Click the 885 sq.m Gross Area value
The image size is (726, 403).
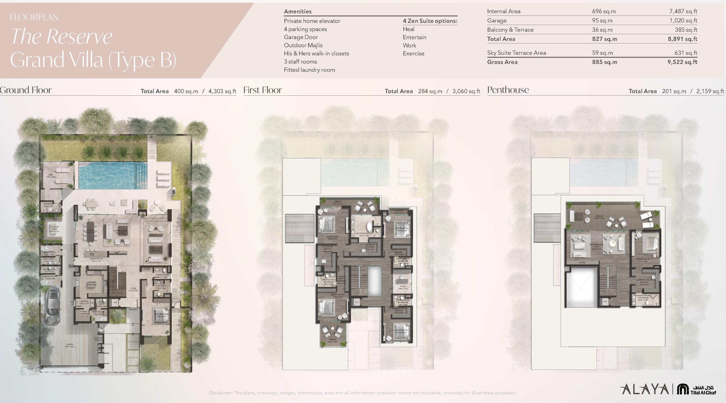click(605, 62)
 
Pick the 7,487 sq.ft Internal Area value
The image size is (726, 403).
click(683, 11)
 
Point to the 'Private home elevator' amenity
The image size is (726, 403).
click(312, 21)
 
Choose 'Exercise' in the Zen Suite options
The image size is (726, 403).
click(413, 53)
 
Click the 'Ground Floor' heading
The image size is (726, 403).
click(26, 90)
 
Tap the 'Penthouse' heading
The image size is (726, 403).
click(508, 90)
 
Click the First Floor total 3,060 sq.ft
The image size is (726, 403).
click(466, 91)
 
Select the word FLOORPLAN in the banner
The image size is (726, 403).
click(34, 17)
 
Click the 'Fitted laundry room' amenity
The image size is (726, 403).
click(309, 70)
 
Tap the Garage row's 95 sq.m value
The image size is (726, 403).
click(602, 21)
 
